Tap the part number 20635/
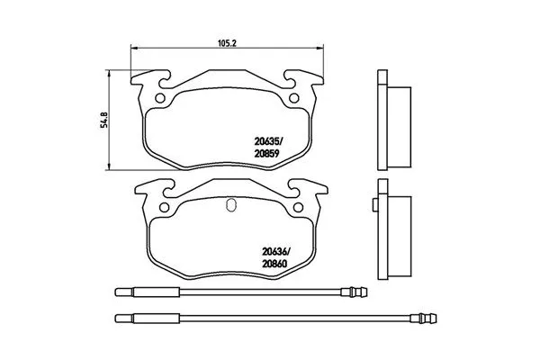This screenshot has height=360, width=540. click(x=273, y=139)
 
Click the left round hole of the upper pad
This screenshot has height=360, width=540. click(x=160, y=98)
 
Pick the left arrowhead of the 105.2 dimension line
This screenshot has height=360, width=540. click(x=135, y=48)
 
